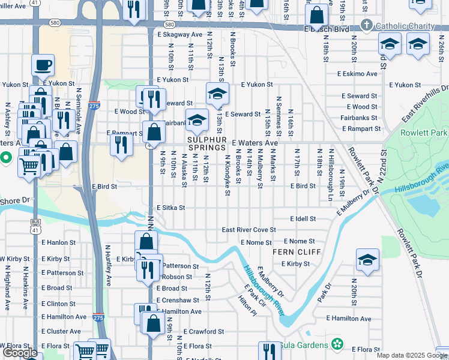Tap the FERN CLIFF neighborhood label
pos(297,251)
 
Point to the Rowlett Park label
pos(426,133)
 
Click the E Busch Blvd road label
pos(327,29)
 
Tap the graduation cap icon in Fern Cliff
pos(367,260)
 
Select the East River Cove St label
pos(249,230)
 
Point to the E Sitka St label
pos(170,208)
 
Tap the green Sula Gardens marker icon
pos(338,344)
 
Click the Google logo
pos(20,353)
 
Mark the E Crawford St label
pos(203,331)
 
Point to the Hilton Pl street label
pos(246,307)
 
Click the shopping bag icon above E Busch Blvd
pos(316,14)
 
